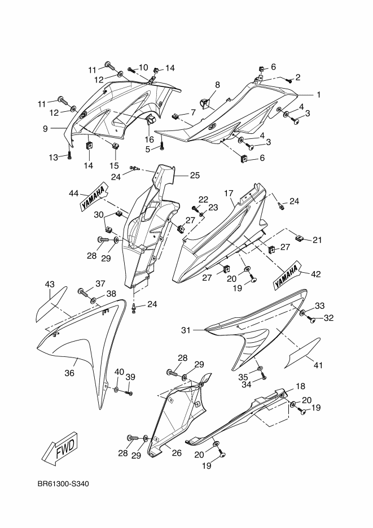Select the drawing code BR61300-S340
click(64, 484)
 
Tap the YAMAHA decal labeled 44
click(93, 197)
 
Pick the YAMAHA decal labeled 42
click(287, 274)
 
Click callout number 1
click(318, 95)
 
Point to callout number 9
click(45, 128)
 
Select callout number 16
click(149, 139)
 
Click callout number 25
click(195, 175)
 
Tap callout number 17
click(229, 193)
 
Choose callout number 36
click(69, 373)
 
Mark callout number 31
click(186, 330)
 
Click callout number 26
click(177, 453)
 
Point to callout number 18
click(300, 386)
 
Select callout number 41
click(318, 365)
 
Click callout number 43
click(50, 285)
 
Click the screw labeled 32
click(311, 320)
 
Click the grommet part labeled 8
click(205, 103)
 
